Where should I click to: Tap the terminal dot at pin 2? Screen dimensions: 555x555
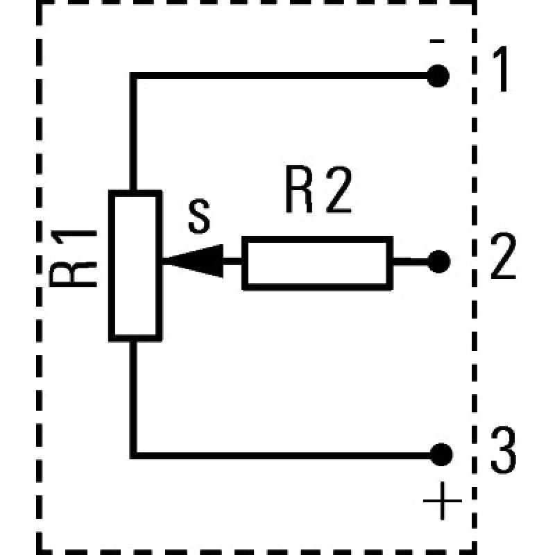[x=438, y=262]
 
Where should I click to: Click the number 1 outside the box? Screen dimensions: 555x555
[x=502, y=71]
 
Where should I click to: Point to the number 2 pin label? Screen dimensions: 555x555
[x=502, y=257]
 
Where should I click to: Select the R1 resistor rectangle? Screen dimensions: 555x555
[x=135, y=266]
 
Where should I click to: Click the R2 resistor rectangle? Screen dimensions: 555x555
[x=317, y=262]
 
